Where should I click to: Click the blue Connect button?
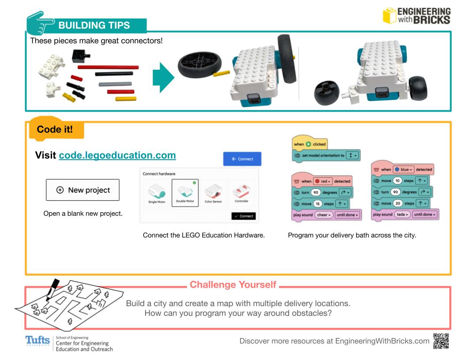point(242,159)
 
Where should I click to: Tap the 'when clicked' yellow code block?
point(310,144)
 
